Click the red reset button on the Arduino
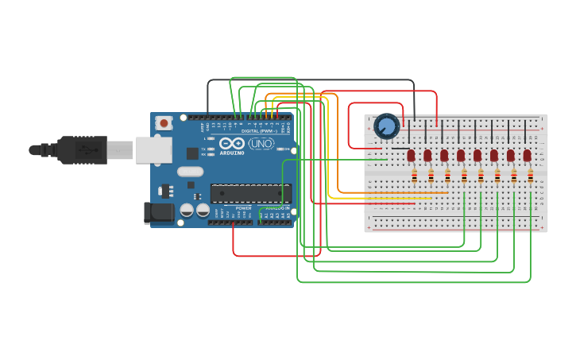[164, 122]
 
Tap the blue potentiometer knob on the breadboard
[387, 126]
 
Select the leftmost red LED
[411, 155]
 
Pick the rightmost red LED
[528, 155]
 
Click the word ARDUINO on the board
[232, 153]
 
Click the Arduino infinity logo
[232, 144]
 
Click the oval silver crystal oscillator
[191, 171]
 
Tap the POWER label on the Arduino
[243, 208]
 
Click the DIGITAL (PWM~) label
[260, 130]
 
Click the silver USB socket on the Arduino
[151, 149]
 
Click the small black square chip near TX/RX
[192, 153]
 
